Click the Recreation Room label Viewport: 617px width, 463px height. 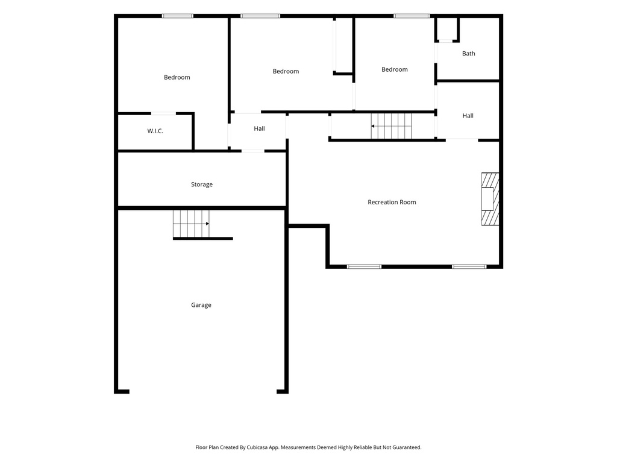tap(392, 202)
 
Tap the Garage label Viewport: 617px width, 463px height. tap(201, 304)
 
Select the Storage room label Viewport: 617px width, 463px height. tap(202, 184)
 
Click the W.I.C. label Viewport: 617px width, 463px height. tap(155, 131)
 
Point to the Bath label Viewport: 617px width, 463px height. tap(468, 54)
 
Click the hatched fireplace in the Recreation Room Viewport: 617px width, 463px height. tap(490, 199)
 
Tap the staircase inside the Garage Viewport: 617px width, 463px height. tap(191, 224)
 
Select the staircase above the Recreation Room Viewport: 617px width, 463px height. tap(391, 126)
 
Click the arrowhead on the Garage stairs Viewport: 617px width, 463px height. tap(207, 224)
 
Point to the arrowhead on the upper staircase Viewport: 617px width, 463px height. tap(372, 127)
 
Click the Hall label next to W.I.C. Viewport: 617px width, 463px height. tap(259, 128)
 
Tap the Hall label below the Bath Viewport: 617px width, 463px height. tap(468, 116)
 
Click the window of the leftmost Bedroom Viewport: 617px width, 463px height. tap(178, 16)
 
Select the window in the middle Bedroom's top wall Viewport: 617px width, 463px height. tap(260, 16)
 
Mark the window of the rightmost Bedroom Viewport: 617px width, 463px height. tap(412, 16)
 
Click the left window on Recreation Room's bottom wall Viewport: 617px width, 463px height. tap(364, 266)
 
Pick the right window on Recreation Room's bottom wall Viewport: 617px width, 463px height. tap(469, 266)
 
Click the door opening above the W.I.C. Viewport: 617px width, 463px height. tap(163, 114)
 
